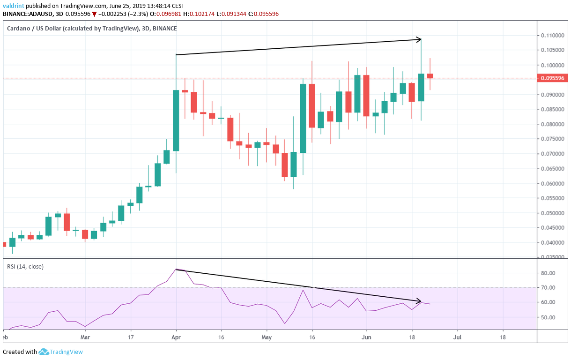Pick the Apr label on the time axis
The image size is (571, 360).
(176, 337)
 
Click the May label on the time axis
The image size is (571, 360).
(267, 337)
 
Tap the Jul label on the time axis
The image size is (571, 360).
(457, 337)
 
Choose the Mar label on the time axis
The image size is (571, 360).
(85, 337)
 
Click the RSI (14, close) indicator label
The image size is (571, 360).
(25, 267)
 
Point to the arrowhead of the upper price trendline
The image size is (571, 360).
(419, 39)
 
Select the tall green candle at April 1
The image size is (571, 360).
(176, 120)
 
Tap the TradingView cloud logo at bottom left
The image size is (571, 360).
(44, 352)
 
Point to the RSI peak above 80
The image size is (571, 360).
(176, 269)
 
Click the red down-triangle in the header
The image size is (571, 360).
(94, 14)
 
